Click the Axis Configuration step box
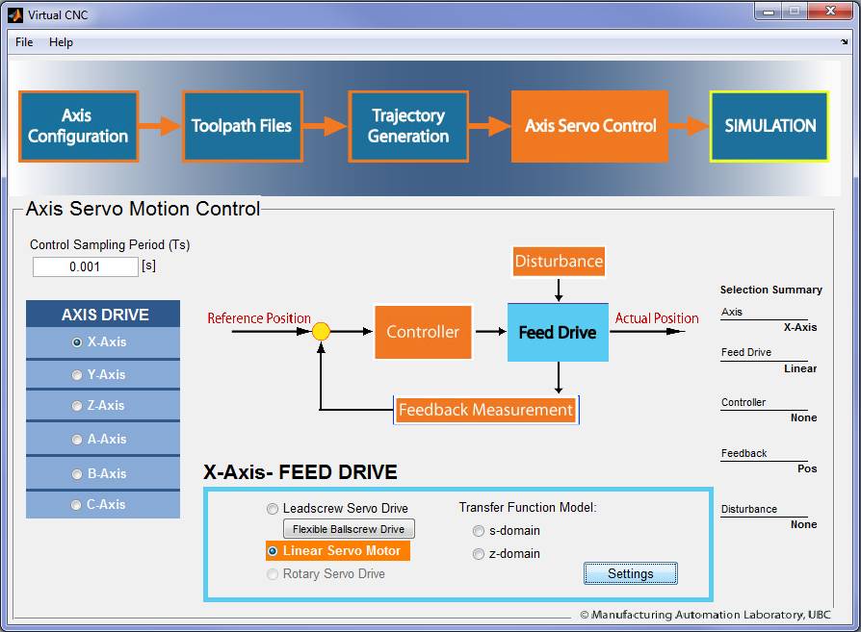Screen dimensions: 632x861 [x=78, y=126]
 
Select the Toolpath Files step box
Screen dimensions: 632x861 [x=242, y=126]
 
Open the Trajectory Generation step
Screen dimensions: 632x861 [x=408, y=126]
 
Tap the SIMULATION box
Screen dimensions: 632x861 [x=770, y=126]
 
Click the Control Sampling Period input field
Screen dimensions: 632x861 [x=85, y=266]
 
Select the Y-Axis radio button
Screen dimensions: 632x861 [x=77, y=375]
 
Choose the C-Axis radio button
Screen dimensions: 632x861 [x=77, y=505]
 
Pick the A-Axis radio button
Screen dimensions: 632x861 [x=77, y=440]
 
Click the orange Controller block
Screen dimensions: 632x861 [x=423, y=333]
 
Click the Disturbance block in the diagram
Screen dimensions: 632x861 [x=559, y=262]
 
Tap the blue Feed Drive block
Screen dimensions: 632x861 [x=558, y=333]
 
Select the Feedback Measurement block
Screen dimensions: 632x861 [x=485, y=411]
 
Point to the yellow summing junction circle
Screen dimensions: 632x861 [x=322, y=332]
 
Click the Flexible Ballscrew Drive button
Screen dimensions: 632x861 [x=349, y=529]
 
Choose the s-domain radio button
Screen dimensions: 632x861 [x=479, y=531]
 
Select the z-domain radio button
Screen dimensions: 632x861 [x=479, y=554]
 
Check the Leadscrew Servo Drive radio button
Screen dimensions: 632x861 [x=274, y=509]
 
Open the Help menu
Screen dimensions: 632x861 [x=61, y=42]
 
